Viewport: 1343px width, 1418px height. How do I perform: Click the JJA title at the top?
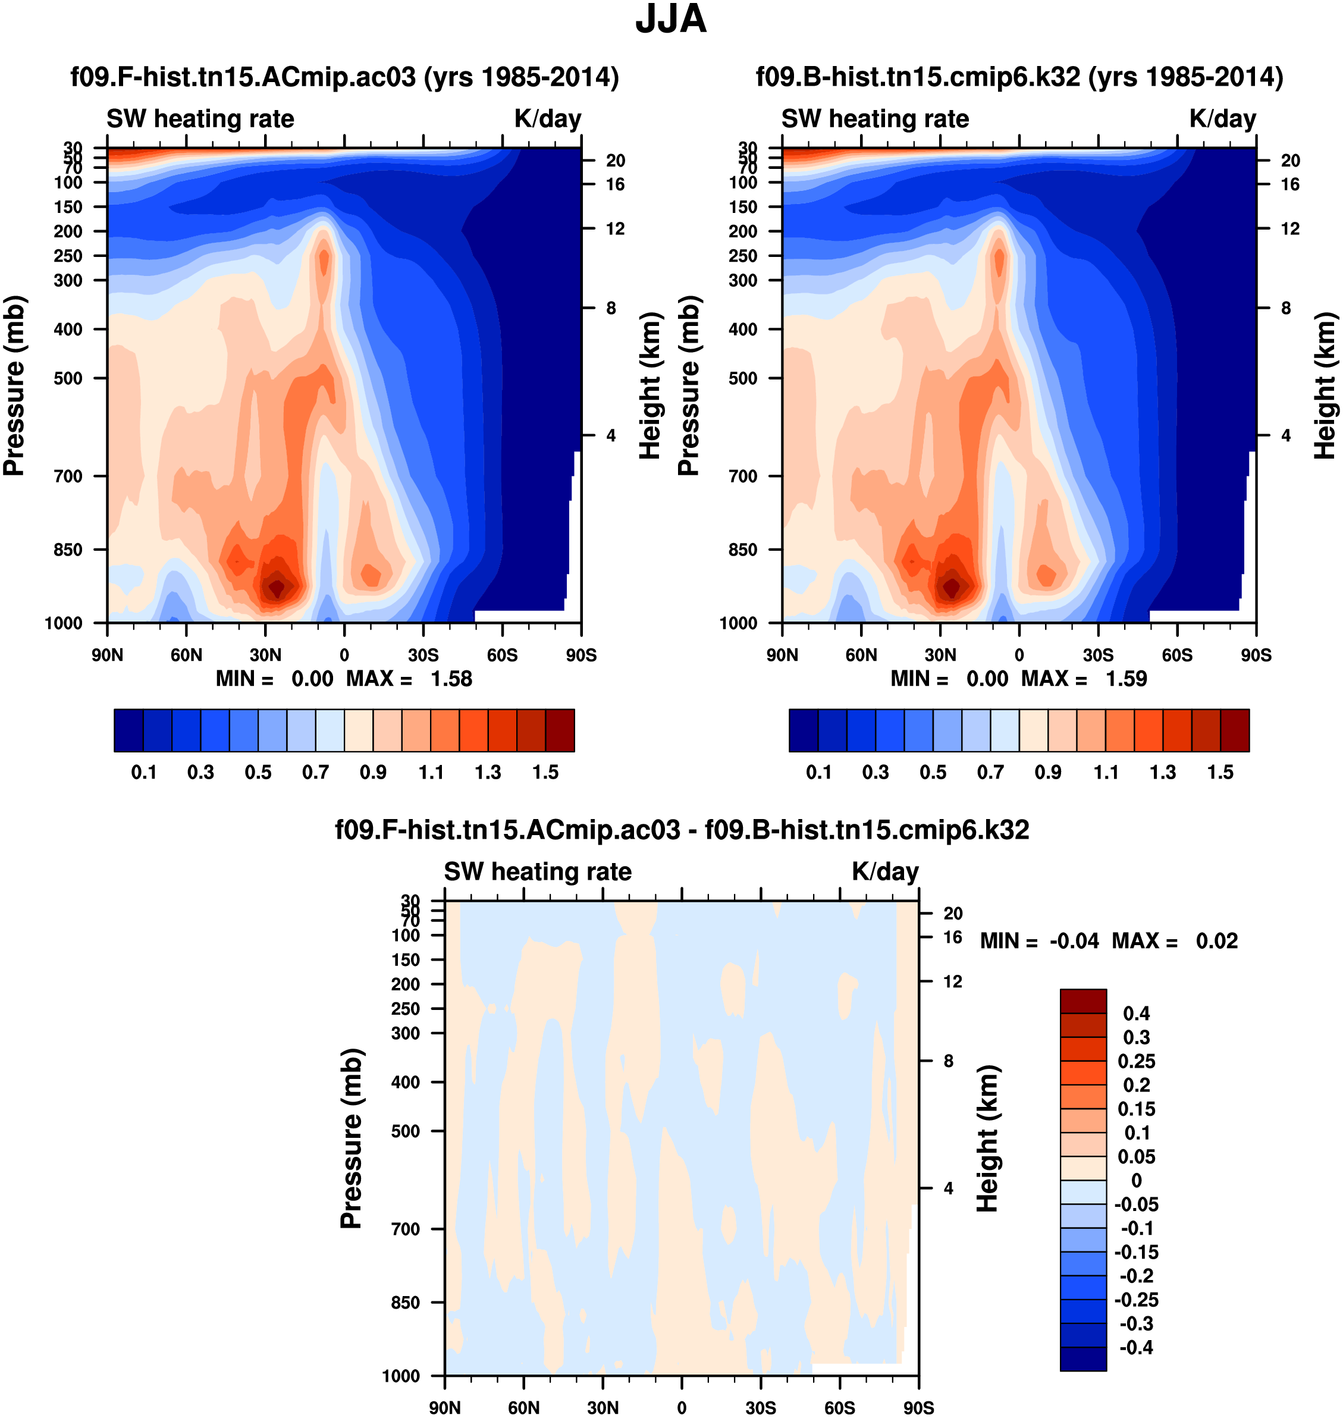coord(671,19)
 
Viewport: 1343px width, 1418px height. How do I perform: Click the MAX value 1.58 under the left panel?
coord(451,679)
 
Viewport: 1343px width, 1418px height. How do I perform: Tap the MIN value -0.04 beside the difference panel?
coord(1074,940)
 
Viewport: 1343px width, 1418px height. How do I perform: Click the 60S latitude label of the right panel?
coord(1177,655)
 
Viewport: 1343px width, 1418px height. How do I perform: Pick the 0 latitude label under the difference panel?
coord(682,1407)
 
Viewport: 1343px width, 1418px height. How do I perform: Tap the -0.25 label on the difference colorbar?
coord(1136,1300)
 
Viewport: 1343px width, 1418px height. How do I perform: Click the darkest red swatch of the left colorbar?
coord(560,730)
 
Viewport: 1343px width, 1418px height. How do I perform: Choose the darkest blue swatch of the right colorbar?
coord(803,730)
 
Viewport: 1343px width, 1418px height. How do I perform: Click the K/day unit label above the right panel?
coord(1223,119)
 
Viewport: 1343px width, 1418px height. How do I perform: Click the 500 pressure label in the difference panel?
coord(405,1131)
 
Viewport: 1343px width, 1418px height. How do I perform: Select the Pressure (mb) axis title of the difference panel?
coord(351,1138)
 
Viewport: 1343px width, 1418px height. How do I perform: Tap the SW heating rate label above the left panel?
coord(200,119)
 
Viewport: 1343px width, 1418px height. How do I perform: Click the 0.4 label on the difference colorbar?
coord(1136,1014)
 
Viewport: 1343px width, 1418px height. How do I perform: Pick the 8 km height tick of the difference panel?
coord(948,1061)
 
